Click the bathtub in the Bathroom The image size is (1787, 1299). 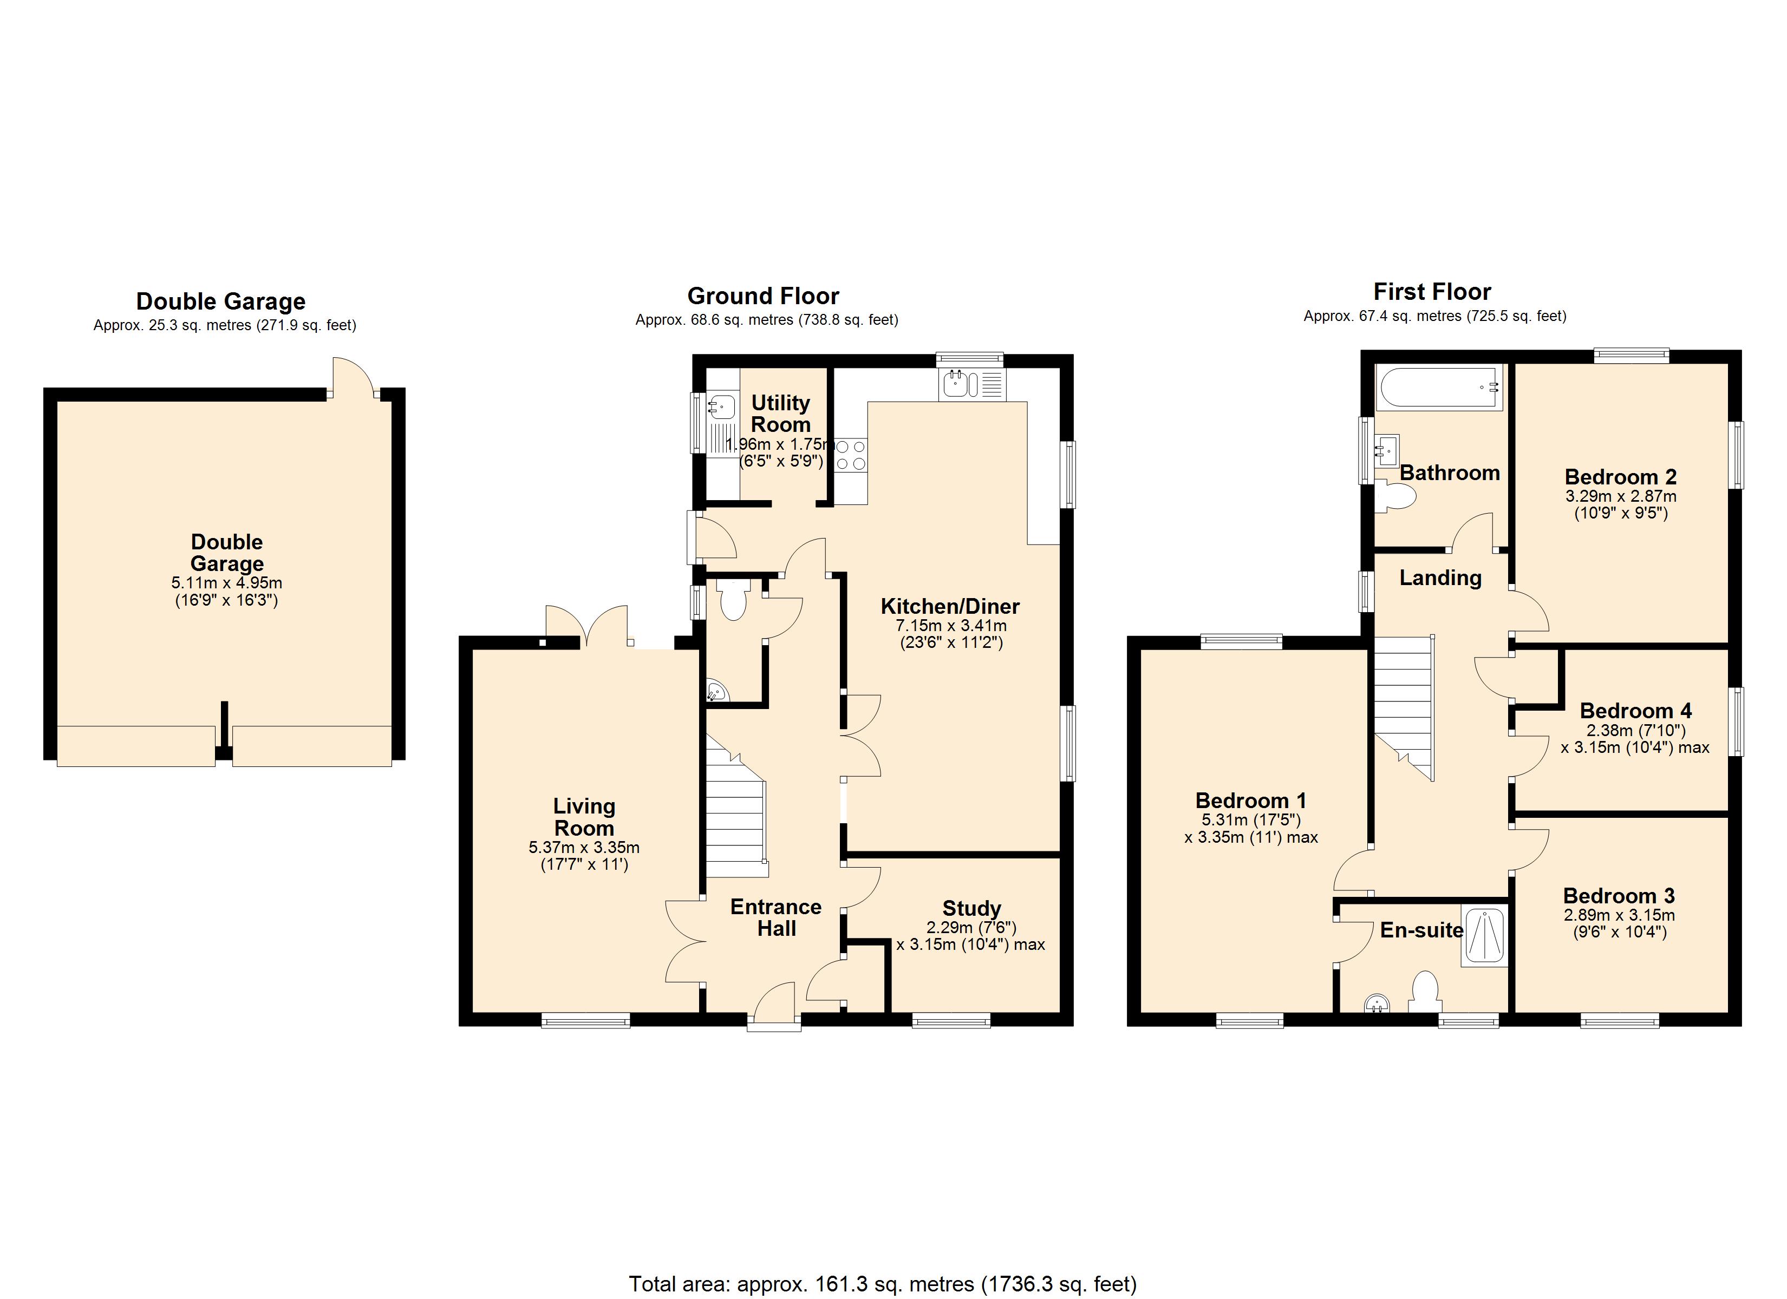1439,387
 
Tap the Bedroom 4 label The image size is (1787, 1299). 1636,711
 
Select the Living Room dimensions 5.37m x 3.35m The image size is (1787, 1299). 584,848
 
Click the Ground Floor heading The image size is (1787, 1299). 762,296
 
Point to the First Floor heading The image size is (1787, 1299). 1432,292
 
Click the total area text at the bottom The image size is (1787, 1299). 883,1284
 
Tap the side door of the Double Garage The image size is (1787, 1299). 351,377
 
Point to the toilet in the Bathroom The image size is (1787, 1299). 1395,496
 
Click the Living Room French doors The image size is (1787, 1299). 587,626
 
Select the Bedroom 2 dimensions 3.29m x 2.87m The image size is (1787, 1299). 1620,496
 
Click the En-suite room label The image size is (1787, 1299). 1421,930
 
